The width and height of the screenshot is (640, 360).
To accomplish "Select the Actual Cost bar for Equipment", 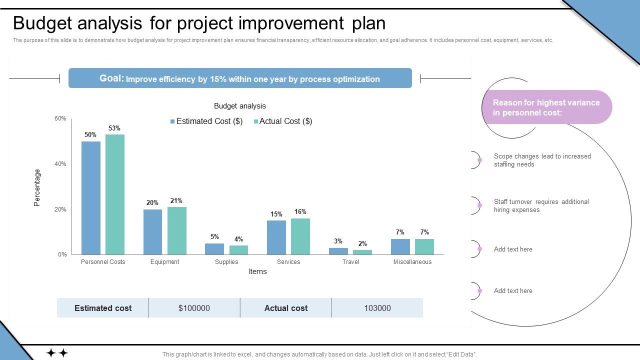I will click(176, 230).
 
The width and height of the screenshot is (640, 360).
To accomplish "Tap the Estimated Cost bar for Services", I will click(276, 237).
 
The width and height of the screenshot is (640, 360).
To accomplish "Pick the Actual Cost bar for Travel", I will click(362, 252).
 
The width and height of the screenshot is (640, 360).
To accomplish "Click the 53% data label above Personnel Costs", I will click(114, 128).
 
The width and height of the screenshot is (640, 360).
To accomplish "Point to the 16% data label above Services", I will click(300, 212).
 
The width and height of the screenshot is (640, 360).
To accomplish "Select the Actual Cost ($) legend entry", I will click(283, 121).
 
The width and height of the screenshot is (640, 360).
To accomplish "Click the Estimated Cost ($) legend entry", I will click(206, 121).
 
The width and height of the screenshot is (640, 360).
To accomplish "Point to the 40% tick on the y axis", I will click(60, 164).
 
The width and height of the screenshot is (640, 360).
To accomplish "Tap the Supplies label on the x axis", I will click(226, 262).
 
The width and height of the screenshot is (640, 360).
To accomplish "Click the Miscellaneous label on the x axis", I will click(412, 262).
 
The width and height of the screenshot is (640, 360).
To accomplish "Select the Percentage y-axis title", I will click(37, 187).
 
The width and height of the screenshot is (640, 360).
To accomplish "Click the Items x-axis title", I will click(257, 271).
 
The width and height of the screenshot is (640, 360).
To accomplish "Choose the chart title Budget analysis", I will click(240, 106).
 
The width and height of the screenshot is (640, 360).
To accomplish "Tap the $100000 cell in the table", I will click(194, 308).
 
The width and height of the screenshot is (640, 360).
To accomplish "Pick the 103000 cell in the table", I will click(377, 308).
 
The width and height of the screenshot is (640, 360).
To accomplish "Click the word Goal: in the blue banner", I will click(111, 78).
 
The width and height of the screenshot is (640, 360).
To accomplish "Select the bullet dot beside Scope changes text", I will click(479, 160).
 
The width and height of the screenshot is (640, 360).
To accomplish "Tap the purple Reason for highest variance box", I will click(546, 107).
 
